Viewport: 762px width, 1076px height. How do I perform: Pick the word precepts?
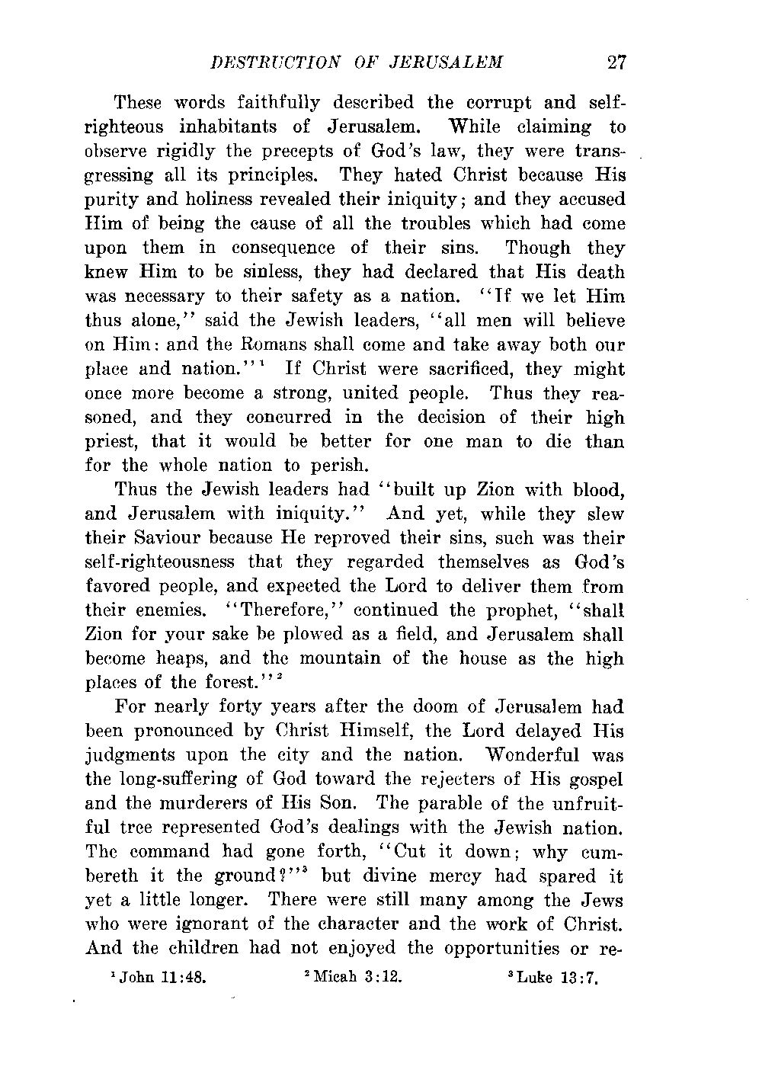[x=303, y=151]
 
